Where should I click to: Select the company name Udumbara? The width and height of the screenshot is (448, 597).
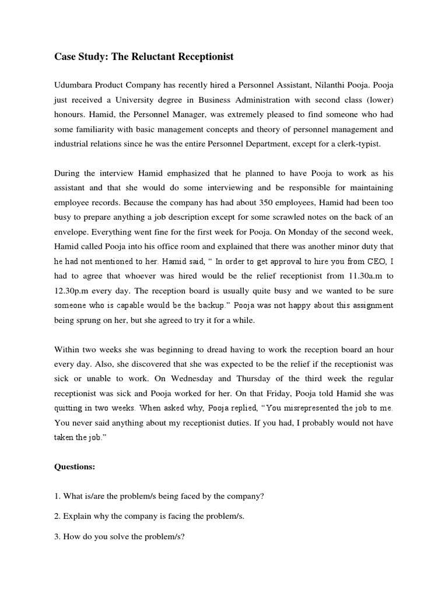click(x=76, y=84)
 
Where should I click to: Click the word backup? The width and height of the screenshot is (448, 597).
click(x=210, y=305)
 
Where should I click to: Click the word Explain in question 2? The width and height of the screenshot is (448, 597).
click(x=78, y=516)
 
